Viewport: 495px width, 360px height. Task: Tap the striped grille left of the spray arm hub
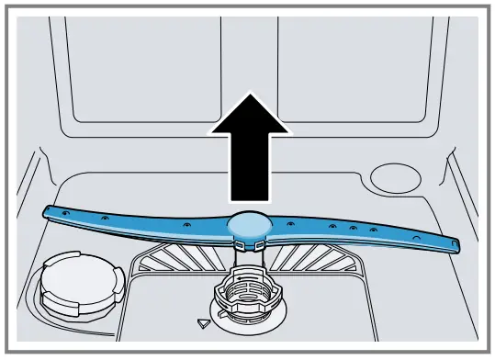click(x=184, y=257)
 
